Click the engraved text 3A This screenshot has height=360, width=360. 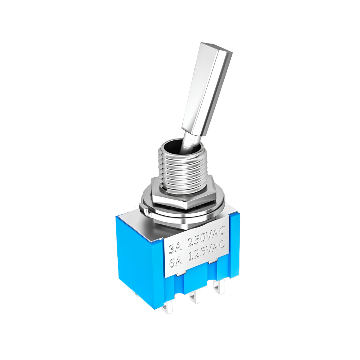(x=174, y=248)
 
